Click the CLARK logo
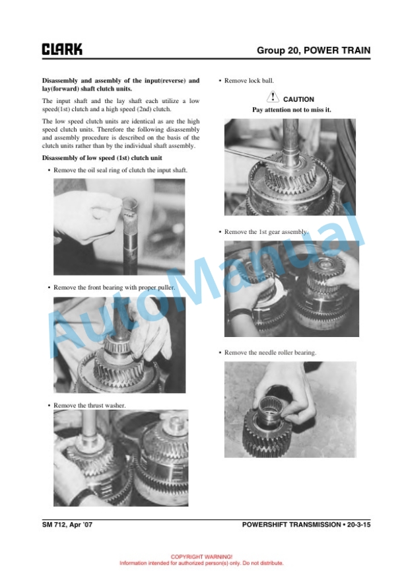[62, 49]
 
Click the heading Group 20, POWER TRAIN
[314, 50]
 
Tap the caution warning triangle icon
[273, 97]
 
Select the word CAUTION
[298, 99]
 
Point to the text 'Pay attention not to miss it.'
[292, 110]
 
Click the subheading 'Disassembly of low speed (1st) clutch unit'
[102, 158]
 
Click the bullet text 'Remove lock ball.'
[249, 81]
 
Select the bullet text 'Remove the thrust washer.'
[90, 405]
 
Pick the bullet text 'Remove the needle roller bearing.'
[270, 352]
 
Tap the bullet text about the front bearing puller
[114, 287]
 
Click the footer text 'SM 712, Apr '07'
[67, 525]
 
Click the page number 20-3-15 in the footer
[359, 525]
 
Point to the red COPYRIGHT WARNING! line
[201, 556]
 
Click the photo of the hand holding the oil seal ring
[119, 227]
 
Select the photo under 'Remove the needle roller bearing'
[290, 410]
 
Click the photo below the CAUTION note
[290, 167]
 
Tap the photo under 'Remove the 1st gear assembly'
[292, 289]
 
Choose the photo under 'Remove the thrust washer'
[121, 458]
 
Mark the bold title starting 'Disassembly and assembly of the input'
[121, 85]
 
